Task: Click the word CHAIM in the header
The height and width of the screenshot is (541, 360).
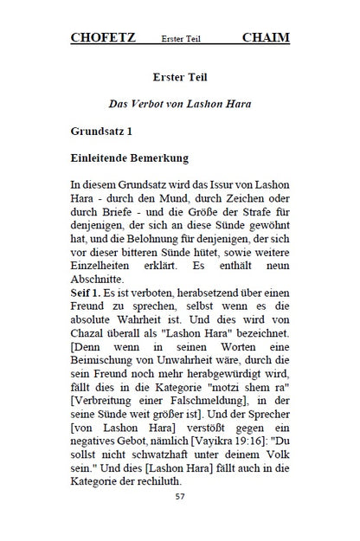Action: click(x=266, y=37)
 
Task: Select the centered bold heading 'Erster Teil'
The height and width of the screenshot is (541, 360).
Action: click(x=179, y=76)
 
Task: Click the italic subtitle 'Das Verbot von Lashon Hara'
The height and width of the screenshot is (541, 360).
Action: click(x=179, y=104)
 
